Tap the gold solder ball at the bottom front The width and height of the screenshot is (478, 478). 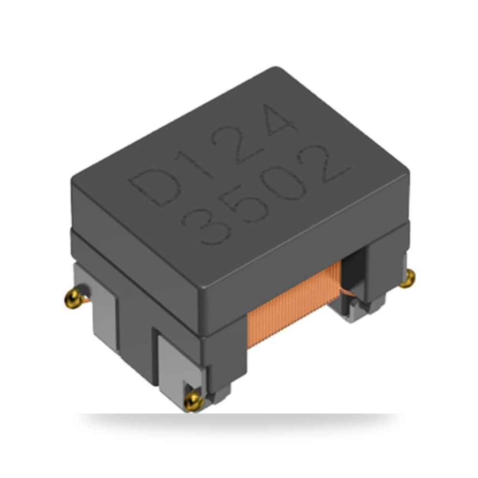[x=194, y=401]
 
